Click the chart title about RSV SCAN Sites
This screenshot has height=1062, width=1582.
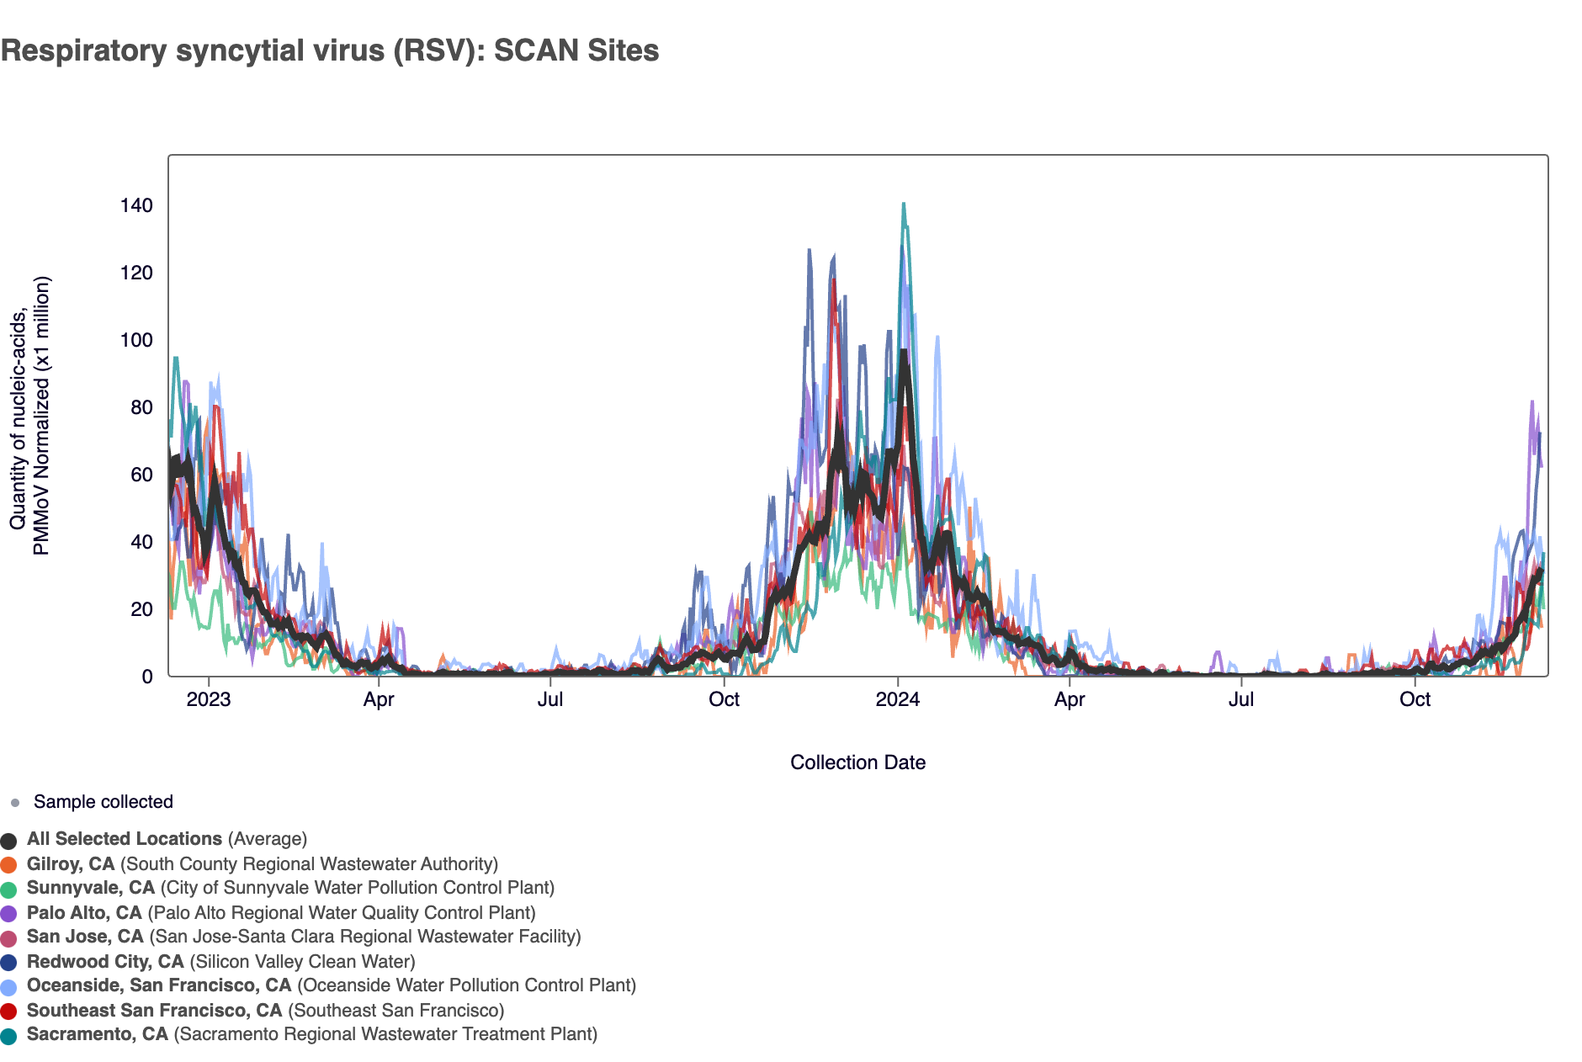[330, 50]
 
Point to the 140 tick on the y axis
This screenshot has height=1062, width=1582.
[136, 206]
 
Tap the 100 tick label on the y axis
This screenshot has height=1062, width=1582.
[136, 341]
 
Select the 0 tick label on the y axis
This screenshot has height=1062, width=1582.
[147, 677]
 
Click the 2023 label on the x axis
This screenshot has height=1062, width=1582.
[209, 700]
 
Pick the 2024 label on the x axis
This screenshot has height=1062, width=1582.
[898, 700]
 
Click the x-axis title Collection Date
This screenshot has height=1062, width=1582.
[857, 762]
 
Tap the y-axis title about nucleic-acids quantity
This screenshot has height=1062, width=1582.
[29, 417]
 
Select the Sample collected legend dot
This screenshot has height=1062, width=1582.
[14, 803]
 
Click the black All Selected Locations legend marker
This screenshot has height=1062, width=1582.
[9, 841]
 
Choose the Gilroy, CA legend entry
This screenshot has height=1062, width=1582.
[262, 864]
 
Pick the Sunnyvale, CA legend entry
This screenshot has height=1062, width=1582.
[290, 888]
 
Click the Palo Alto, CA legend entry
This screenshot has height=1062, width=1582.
[281, 913]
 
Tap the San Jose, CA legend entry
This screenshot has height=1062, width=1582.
[304, 937]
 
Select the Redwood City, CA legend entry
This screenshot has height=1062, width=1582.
[220, 962]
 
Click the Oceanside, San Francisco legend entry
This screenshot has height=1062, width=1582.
[331, 985]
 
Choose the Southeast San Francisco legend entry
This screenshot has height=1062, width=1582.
[265, 1011]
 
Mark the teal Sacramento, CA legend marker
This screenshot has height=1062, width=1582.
[9, 1036]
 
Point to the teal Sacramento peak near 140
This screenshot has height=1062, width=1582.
[904, 204]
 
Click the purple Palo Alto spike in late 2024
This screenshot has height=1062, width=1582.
[1532, 403]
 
